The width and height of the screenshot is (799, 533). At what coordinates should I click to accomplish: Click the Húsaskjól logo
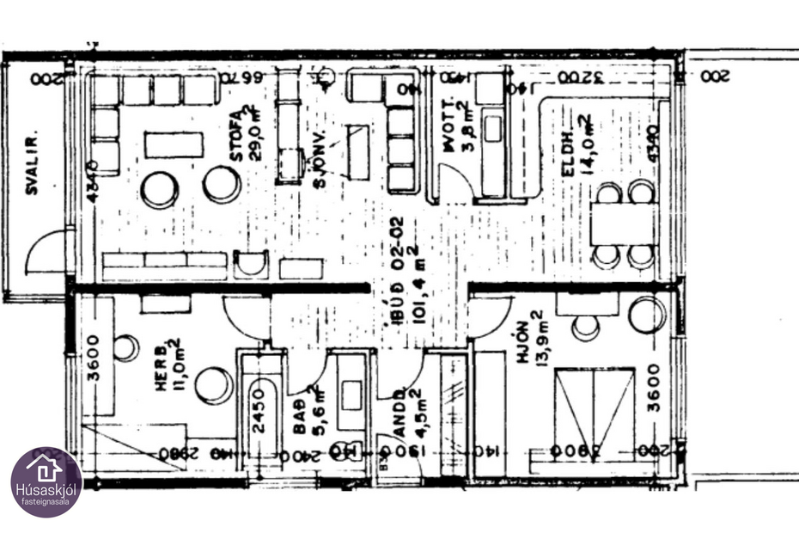[46, 481]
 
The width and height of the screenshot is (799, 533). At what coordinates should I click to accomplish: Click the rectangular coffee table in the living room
[174, 144]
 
